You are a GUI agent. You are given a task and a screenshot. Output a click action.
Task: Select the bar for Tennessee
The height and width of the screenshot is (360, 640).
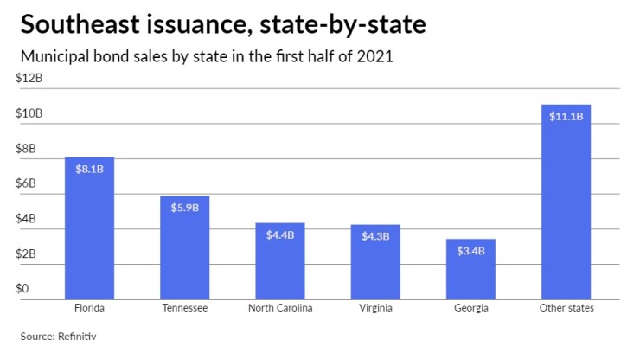[184, 247]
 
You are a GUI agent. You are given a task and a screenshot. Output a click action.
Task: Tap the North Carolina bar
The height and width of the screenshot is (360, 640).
[280, 260]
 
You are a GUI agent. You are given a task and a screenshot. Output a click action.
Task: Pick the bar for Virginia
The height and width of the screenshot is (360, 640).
[375, 261]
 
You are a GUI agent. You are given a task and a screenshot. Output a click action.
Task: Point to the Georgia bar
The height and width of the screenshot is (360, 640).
[470, 269]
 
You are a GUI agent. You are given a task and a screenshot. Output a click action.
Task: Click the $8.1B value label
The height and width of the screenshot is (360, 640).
[90, 170]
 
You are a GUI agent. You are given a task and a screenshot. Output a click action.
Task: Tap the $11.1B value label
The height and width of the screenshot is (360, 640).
[566, 117]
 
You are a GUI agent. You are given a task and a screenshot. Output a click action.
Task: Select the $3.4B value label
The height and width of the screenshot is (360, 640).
[470, 251]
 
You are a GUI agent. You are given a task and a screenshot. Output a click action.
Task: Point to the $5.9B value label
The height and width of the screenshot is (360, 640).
[184, 208]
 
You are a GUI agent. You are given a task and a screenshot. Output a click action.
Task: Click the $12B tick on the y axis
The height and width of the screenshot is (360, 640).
[30, 79]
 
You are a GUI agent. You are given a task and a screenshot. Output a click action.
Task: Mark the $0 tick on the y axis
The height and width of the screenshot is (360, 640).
[23, 289]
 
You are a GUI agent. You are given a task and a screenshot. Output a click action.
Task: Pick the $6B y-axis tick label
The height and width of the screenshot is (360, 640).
[28, 183]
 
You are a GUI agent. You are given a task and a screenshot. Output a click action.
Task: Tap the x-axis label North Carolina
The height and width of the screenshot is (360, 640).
[280, 308]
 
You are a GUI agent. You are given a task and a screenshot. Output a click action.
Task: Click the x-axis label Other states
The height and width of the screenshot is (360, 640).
[566, 308]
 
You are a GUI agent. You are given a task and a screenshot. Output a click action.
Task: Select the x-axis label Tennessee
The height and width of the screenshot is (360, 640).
[184, 308]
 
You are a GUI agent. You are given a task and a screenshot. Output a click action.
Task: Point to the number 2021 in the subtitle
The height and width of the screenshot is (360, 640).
[374, 58]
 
